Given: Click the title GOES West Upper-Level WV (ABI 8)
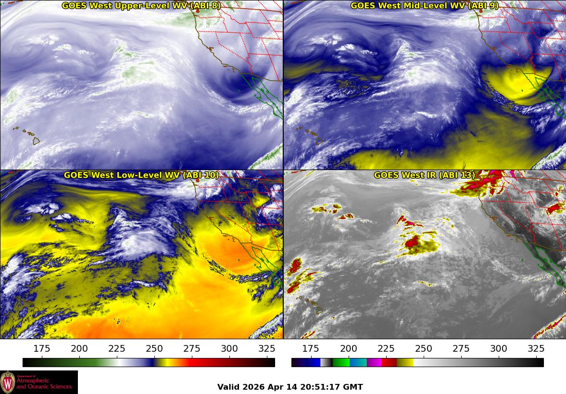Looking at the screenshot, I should click(x=142, y=6).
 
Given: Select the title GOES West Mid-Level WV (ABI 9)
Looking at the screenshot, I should click(x=425, y=6).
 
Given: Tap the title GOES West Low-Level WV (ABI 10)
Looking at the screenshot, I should click(x=141, y=175).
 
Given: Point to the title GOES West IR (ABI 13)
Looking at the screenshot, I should click(x=425, y=175).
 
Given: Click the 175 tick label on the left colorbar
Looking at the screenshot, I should click(x=42, y=349).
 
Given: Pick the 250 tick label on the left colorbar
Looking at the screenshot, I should click(x=154, y=349).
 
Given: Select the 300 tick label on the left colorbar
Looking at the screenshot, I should click(x=229, y=349).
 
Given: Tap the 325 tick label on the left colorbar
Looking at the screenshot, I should click(x=267, y=349).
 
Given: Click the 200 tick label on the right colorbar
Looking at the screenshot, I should click(x=348, y=349).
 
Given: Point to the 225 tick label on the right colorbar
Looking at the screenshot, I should click(x=386, y=349).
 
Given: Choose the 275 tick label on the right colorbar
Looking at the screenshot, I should click(x=461, y=349).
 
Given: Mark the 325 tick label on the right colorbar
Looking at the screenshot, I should click(x=536, y=349).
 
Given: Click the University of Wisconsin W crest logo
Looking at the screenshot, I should click(x=8, y=382).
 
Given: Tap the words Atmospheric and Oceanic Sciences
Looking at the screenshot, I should click(x=44, y=383).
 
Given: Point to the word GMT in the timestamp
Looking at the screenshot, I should click(x=353, y=387).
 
